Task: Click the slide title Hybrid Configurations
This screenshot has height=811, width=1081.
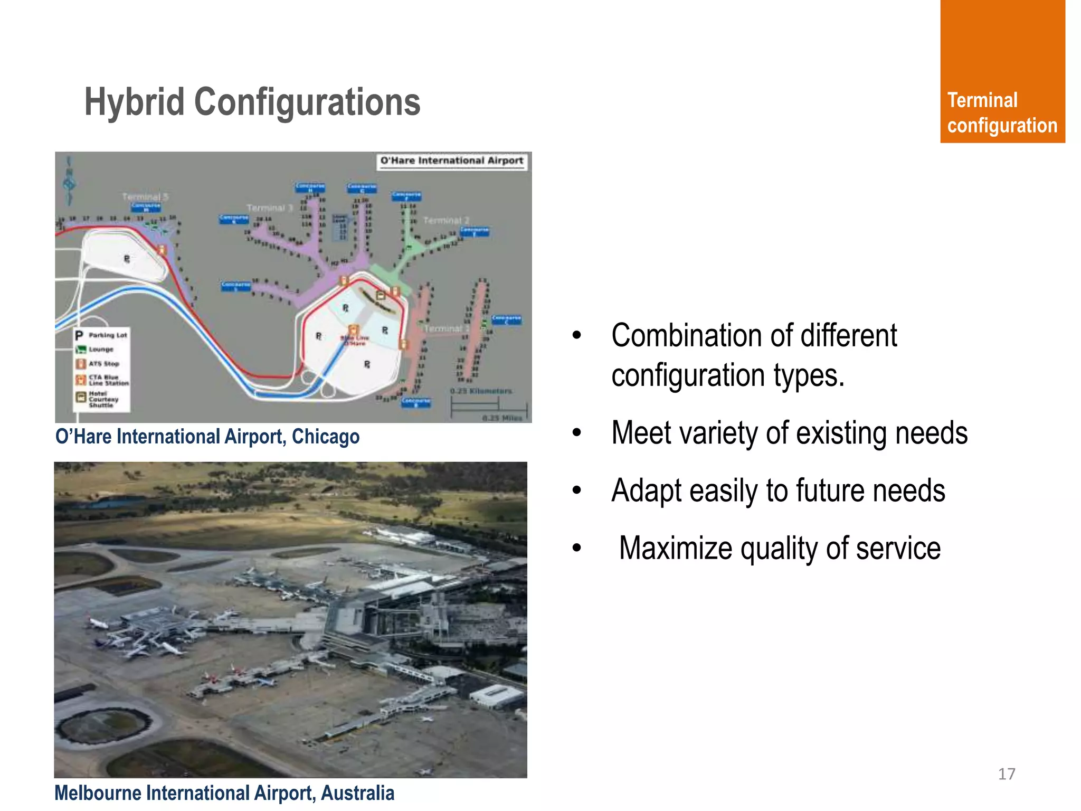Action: point(252,102)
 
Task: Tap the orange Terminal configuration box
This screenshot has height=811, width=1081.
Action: point(1002,71)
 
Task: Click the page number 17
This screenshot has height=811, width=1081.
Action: point(1006,774)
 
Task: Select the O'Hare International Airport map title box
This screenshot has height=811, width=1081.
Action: point(452,161)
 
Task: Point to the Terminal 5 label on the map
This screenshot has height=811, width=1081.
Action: point(145,197)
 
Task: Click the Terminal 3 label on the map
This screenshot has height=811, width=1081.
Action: point(269,208)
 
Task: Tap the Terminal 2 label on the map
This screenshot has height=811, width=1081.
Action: point(446,220)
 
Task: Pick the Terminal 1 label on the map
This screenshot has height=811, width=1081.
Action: point(446,328)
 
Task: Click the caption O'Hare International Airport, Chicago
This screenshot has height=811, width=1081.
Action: point(207,437)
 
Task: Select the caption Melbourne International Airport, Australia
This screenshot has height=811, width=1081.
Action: point(224,793)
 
